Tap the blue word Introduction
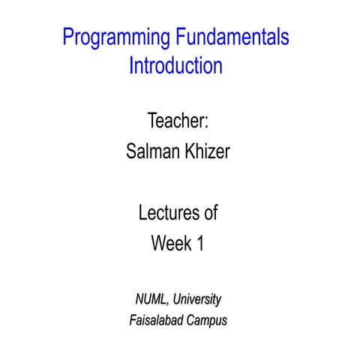pyautogui.click(x=175, y=65)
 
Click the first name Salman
pyautogui.click(x=151, y=152)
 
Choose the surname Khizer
pyautogui.click(x=205, y=152)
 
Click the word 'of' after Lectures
pyautogui.click(x=211, y=213)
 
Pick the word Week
pyautogui.click(x=170, y=244)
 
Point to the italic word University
pyautogui.click(x=197, y=299)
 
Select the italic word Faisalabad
pyautogui.click(x=156, y=321)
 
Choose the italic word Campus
pyautogui.click(x=206, y=321)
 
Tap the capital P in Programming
pyautogui.click(x=68, y=37)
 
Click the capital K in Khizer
pyautogui.click(x=184, y=152)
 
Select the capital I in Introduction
pyautogui.click(x=131, y=65)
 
